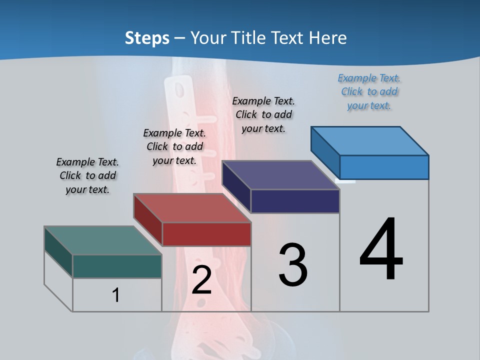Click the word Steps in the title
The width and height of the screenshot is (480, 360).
click(x=147, y=38)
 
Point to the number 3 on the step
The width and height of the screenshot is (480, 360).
click(x=293, y=265)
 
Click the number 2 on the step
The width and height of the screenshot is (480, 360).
click(x=201, y=280)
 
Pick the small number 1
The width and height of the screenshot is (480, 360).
click(x=116, y=295)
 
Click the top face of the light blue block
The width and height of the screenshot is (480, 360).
click(x=370, y=140)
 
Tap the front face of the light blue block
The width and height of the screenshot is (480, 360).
click(x=384, y=167)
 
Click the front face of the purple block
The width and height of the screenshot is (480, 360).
click(x=295, y=201)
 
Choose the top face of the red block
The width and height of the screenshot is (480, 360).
click(x=192, y=208)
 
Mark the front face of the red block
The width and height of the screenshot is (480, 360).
click(x=206, y=234)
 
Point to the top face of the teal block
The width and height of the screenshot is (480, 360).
click(x=102, y=240)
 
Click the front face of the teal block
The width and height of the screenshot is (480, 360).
click(x=117, y=266)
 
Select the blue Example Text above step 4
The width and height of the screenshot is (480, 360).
click(x=369, y=91)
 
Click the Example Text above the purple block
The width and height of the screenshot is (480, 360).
click(x=263, y=114)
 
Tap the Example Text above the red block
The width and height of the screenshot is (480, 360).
click(x=174, y=146)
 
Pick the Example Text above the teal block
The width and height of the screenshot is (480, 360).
click(x=87, y=175)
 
